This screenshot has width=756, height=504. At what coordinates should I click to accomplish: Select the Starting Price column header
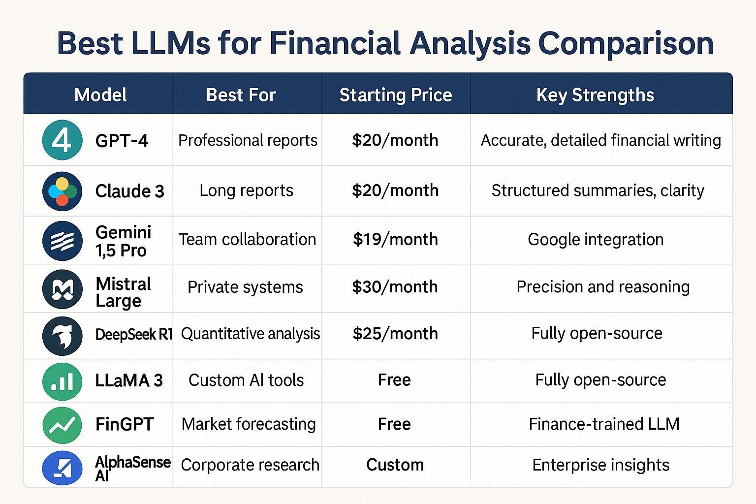(396, 95)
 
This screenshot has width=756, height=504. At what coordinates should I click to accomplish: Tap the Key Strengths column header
(595, 95)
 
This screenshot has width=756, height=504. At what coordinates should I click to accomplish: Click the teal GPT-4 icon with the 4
(63, 140)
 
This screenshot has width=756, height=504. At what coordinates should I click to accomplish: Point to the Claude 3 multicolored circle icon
(63, 191)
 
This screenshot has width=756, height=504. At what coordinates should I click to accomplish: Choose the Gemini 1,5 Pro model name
(123, 241)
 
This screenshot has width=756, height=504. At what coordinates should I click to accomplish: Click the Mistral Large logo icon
(63, 289)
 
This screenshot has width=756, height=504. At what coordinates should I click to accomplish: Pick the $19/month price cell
(395, 239)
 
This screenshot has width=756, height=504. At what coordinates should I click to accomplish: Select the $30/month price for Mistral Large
(395, 287)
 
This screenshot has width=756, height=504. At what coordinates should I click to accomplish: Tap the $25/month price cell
(395, 334)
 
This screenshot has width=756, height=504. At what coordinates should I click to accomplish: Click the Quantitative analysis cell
(251, 334)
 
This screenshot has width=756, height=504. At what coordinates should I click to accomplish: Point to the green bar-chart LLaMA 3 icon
(63, 381)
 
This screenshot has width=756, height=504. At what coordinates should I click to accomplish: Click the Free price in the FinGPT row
(394, 424)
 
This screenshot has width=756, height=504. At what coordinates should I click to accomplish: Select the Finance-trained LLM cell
(604, 424)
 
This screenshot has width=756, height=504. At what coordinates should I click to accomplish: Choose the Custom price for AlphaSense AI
(395, 465)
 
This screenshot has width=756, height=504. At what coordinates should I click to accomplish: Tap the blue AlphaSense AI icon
(63, 468)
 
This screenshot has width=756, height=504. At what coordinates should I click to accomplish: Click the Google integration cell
(596, 240)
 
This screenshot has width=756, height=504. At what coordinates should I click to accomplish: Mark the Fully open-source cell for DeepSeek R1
(597, 334)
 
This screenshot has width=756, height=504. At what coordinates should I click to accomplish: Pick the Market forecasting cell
(249, 424)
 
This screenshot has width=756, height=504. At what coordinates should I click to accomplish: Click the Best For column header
(241, 95)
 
